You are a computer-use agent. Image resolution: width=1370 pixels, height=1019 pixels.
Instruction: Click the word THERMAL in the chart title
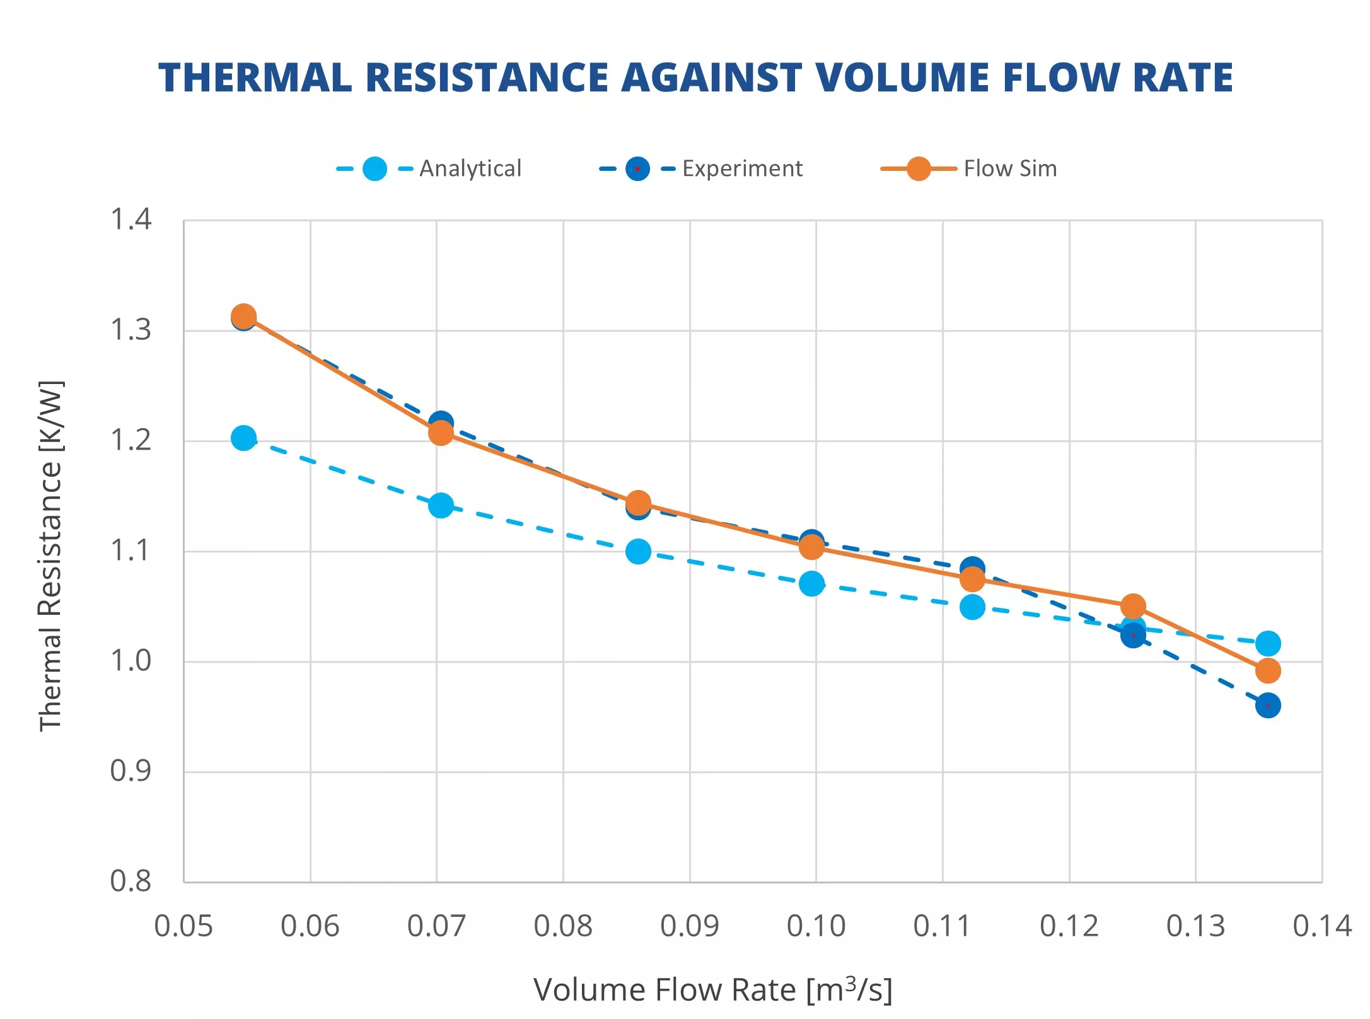255,78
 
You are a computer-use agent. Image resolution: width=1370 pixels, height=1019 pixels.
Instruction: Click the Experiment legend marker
637,169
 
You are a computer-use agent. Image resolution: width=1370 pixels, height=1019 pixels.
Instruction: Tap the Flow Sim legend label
1009,168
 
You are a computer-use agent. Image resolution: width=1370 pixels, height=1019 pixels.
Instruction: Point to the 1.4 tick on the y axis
131,220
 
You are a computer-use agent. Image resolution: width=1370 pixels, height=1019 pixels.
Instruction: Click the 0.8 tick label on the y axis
131,881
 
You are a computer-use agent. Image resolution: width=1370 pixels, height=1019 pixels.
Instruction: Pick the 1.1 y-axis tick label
131,550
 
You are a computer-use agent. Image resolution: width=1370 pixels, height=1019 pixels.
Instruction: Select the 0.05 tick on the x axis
183,926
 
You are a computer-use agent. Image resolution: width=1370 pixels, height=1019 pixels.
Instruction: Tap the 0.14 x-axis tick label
1321,926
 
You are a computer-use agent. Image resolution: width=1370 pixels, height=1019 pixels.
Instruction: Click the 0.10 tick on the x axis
816,926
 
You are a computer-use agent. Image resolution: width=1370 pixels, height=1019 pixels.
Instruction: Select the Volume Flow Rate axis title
712,989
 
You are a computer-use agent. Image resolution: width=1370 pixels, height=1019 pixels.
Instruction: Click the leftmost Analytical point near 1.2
243,438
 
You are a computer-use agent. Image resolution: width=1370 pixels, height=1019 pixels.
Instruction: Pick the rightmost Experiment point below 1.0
1267,705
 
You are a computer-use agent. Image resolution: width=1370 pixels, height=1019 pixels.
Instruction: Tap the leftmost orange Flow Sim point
243,316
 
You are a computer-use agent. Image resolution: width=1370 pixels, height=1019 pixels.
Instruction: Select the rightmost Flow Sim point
1267,670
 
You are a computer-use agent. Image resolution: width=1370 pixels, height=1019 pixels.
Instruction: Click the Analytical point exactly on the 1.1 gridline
638,552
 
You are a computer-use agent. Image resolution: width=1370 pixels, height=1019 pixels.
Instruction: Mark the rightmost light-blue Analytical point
1267,643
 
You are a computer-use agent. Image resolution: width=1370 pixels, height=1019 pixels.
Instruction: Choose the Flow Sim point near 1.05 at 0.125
1133,606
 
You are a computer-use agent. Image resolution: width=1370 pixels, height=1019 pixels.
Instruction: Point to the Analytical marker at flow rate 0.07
441,505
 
